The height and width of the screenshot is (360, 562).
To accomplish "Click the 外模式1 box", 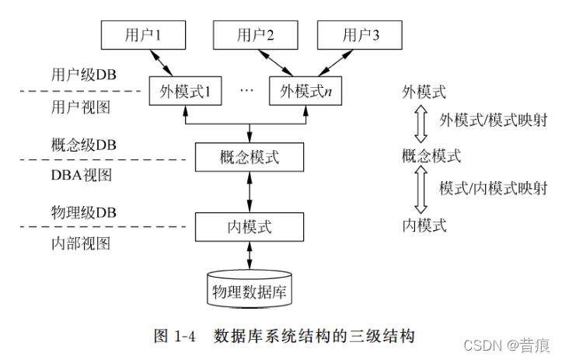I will pos(185,92).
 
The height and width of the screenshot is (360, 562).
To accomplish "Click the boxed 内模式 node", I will pos(249,227).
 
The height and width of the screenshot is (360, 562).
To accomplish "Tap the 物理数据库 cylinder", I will pos(249,290).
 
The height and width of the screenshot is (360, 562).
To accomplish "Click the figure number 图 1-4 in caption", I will pos(173,336).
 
